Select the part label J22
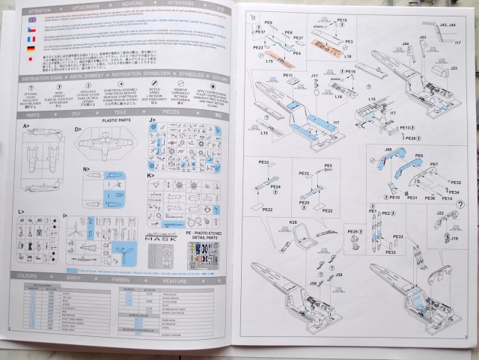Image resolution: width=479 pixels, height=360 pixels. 439,214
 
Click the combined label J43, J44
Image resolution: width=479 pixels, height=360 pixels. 450,25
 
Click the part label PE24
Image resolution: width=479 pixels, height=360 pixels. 275,186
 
